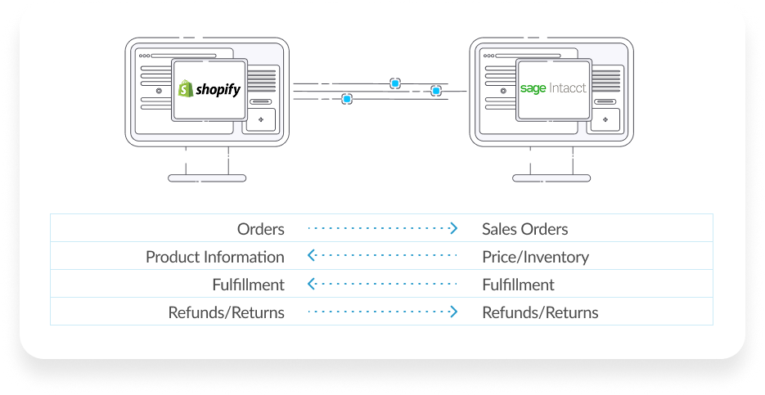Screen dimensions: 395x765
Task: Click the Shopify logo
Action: (210, 89)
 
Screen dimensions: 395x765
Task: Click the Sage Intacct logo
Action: (553, 88)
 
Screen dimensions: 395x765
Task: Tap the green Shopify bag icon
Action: (186, 88)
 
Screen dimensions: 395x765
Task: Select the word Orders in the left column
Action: (261, 229)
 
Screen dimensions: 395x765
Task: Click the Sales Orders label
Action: (524, 229)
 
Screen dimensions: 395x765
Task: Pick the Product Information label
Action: (215, 257)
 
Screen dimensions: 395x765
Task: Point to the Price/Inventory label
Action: (535, 257)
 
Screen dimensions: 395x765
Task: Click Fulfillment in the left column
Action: (248, 285)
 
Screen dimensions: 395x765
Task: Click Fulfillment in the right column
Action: (518, 285)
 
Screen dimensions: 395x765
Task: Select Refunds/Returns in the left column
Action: (227, 312)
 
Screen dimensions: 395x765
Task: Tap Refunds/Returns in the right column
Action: (540, 312)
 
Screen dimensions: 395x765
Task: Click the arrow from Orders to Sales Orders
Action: (382, 229)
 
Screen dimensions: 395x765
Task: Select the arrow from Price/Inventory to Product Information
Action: (382, 257)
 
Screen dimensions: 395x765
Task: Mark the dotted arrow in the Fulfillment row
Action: (382, 285)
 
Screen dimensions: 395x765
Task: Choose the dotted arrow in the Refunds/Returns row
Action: (382, 312)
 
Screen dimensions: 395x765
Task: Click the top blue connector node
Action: (395, 83)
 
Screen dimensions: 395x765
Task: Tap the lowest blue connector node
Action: (347, 99)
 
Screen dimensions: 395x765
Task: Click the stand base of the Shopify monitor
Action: (206, 177)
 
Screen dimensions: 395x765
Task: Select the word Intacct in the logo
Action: (568, 88)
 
